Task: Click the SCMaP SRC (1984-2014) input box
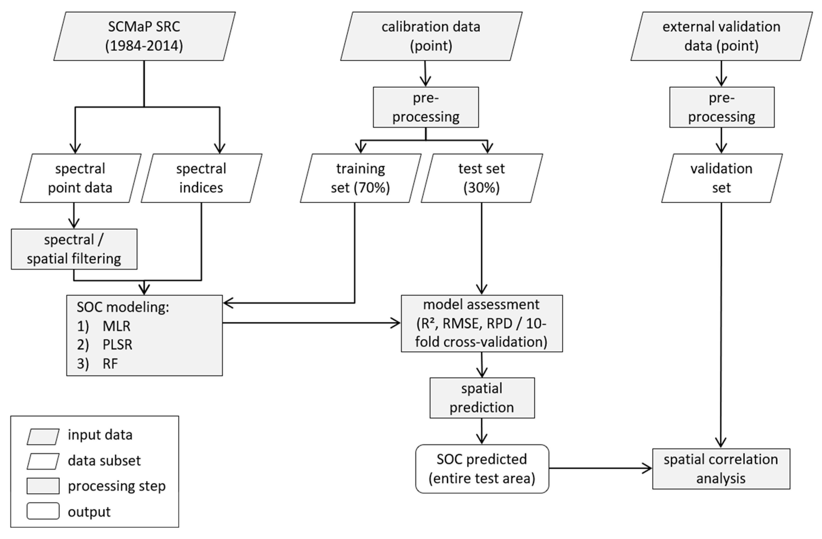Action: tap(144, 36)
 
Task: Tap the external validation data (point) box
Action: tap(721, 36)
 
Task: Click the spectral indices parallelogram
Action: tap(201, 178)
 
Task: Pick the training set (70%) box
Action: tap(360, 178)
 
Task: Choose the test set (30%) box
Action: tap(481, 178)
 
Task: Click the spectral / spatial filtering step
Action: tap(74, 249)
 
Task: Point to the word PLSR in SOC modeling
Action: tap(117, 345)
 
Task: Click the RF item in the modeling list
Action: tap(110, 364)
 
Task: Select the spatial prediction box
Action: tap(482, 398)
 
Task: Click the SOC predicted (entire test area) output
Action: tap(482, 469)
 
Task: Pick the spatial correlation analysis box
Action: tap(721, 469)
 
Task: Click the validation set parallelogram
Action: tap(721, 178)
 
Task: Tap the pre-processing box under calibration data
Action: tap(425, 107)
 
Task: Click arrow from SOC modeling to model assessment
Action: tap(311, 323)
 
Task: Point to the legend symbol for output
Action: tap(43, 511)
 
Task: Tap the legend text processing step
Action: tap(116, 486)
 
